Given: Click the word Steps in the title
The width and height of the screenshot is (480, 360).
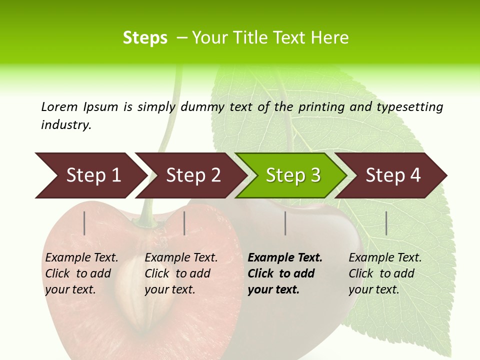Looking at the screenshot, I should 145,38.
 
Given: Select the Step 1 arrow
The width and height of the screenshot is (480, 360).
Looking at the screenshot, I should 90,175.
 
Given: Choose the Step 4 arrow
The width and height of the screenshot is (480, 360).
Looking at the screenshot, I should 392,175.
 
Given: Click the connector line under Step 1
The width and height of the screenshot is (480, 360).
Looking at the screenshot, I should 84,223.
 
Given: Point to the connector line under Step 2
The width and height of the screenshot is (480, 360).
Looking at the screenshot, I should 184,223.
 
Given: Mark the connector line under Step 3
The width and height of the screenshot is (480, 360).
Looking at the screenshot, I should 285,223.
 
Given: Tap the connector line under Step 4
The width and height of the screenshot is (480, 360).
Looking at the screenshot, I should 386,223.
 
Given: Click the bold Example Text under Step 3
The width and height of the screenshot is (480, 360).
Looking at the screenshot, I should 285,273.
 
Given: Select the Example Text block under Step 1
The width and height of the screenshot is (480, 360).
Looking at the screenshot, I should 81,273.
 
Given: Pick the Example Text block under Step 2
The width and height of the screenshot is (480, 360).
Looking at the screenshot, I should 181,273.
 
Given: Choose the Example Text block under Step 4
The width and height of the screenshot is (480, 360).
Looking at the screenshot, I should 385,273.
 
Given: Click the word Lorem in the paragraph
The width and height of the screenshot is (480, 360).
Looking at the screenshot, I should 59,106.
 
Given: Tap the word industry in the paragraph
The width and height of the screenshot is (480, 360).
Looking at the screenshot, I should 66,125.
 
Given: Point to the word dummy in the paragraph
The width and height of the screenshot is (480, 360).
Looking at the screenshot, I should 202,107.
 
